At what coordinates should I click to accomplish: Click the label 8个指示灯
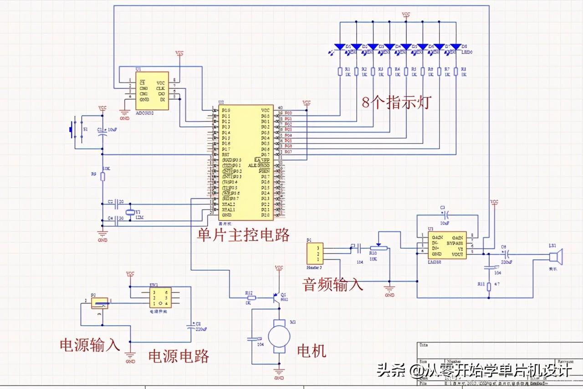click(x=396, y=102)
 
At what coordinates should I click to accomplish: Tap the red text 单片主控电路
click(x=243, y=235)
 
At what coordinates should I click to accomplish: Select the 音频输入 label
click(x=333, y=284)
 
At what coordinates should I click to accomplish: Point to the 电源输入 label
click(x=90, y=344)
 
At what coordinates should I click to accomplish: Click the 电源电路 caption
click(x=179, y=356)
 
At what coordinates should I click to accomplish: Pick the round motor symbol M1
click(x=279, y=336)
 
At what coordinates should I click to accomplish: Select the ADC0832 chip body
click(x=152, y=90)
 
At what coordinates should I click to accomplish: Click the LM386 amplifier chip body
click(x=446, y=245)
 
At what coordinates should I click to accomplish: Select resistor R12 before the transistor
click(x=250, y=298)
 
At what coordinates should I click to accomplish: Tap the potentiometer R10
click(x=378, y=248)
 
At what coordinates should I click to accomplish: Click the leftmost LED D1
click(x=340, y=47)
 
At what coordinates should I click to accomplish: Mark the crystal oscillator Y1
click(x=130, y=211)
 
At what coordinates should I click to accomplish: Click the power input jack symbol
click(x=99, y=303)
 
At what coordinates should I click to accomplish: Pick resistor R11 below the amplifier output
click(x=489, y=287)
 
